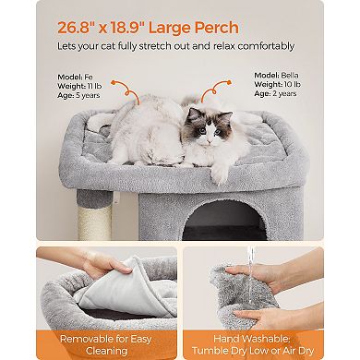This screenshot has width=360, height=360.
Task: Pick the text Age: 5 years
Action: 77,93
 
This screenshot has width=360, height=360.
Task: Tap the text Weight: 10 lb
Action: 274,82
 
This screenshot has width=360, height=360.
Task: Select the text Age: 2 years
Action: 274,93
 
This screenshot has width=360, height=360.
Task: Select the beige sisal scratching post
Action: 96,219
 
